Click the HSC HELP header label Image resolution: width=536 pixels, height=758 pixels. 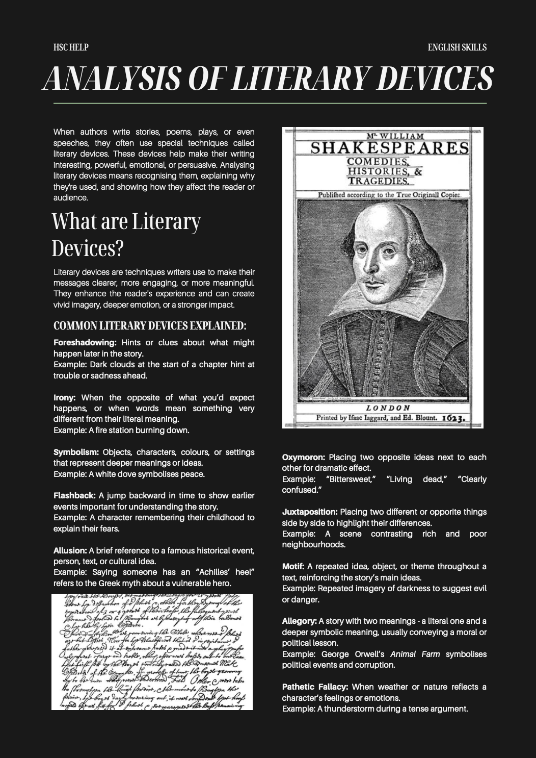[x=71, y=47]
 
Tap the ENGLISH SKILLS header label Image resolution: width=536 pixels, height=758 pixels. [x=457, y=47]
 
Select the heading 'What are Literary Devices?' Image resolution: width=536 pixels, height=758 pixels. [x=126, y=235]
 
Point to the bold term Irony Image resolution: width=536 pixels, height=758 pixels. [x=65, y=397]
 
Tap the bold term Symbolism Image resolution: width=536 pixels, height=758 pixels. [x=76, y=452]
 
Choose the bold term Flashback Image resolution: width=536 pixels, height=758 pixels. [x=74, y=496]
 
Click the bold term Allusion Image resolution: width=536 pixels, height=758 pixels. [x=70, y=551]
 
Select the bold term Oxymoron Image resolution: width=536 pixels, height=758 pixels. [x=304, y=458]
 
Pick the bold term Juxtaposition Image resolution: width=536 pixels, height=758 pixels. [x=310, y=512]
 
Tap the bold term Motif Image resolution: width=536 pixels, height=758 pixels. [x=293, y=567]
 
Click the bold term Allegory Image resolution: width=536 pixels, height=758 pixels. [x=300, y=621]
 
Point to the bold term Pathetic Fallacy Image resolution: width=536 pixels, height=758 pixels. [x=315, y=687]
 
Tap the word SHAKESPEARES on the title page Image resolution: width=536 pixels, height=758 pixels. [x=390, y=148]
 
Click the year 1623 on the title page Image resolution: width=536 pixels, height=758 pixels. [x=453, y=418]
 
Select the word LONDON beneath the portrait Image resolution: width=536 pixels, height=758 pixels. [x=388, y=408]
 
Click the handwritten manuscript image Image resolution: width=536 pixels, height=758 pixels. [x=152, y=651]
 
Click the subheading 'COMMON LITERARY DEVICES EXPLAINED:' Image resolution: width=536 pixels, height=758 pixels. [x=150, y=325]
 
